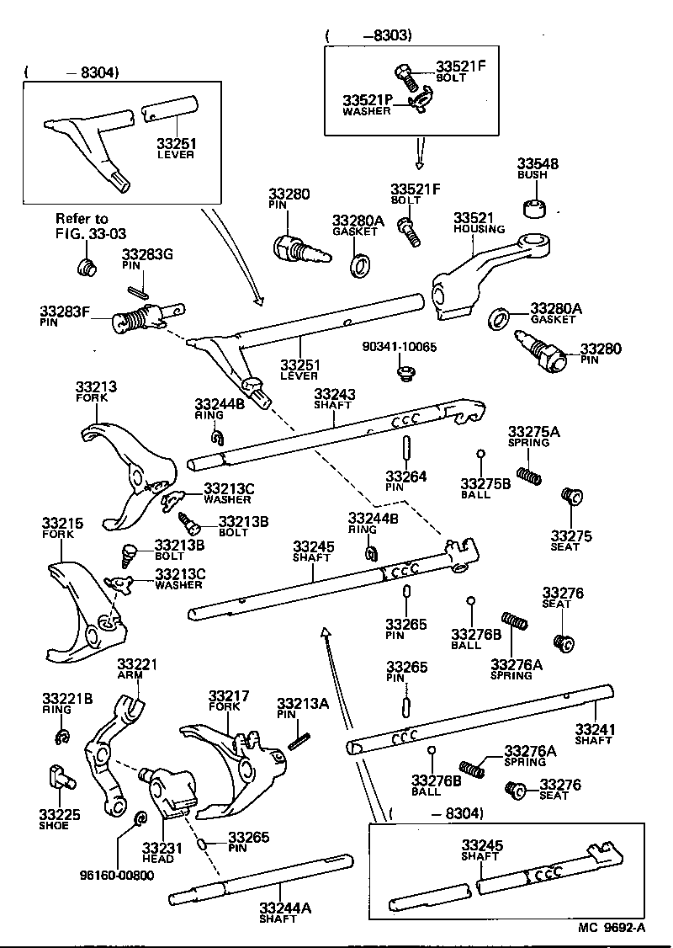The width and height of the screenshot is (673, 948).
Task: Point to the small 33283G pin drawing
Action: (x=140, y=291)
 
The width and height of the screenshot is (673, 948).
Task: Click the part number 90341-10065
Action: (x=400, y=347)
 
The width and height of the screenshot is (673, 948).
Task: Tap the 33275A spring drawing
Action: (x=528, y=476)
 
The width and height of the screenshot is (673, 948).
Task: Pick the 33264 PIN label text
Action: (x=405, y=482)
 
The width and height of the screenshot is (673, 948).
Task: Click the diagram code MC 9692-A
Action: (x=612, y=928)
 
